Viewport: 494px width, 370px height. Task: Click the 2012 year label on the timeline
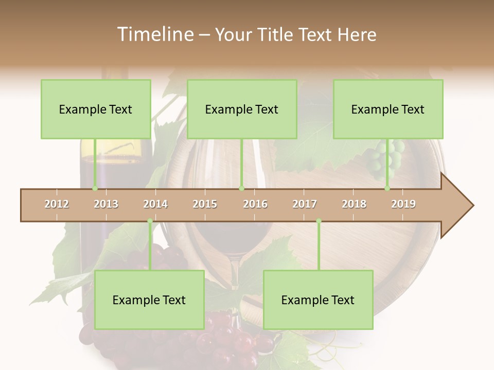57,204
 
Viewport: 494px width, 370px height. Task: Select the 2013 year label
106,204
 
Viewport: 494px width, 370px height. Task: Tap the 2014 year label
155,204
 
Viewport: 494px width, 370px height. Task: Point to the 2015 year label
205,204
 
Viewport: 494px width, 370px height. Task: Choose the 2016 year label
255,204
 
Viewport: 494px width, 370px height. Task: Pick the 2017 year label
305,204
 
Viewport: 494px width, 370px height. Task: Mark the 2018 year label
354,204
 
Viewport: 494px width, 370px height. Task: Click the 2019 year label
403,204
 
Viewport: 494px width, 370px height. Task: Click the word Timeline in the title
154,34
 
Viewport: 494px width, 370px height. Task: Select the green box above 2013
96,109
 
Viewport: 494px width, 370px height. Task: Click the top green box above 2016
242,109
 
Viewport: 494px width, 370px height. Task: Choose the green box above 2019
388,109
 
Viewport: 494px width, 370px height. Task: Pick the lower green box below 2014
149,300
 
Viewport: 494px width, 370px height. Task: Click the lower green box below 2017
318,300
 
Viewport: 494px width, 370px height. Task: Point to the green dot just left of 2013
95,189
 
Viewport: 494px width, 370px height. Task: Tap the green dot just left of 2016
241,189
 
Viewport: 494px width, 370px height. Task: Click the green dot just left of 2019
387,189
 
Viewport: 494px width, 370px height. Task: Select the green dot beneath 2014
150,221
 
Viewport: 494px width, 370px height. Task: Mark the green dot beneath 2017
319,221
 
